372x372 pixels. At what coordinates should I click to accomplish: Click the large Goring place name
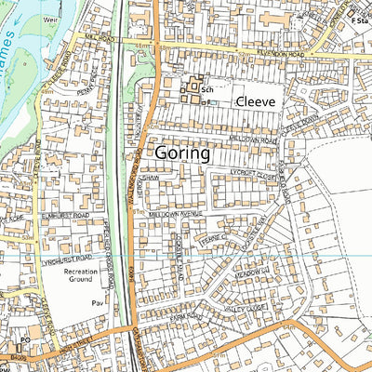[182, 153]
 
